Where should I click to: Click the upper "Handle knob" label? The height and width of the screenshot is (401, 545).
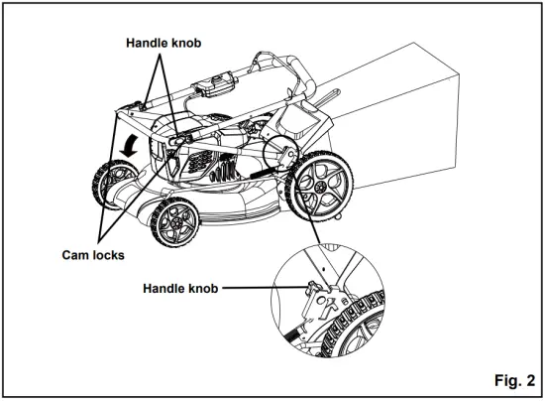pyautogui.click(x=167, y=44)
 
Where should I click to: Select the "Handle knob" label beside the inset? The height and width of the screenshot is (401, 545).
pyautogui.click(x=181, y=289)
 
